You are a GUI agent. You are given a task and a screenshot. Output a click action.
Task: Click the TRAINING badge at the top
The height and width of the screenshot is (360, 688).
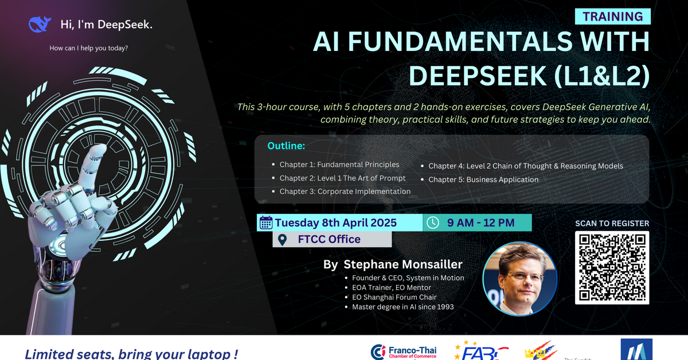[x=612, y=17]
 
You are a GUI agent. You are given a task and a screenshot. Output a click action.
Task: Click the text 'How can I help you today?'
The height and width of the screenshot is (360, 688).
[x=89, y=48]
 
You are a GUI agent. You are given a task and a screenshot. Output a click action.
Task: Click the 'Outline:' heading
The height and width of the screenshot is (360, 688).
[x=286, y=146]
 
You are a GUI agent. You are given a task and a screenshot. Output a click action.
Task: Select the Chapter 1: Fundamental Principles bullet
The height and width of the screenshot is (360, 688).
[x=339, y=165]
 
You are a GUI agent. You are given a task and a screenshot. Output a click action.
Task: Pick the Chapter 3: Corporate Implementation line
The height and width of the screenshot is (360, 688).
[x=345, y=191]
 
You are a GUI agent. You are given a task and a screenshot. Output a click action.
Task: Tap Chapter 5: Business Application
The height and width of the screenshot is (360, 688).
[x=483, y=179]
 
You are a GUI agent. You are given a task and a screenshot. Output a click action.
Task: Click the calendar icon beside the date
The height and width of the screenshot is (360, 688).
[x=266, y=222]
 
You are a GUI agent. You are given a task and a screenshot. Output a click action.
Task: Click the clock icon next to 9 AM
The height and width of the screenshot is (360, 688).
[x=433, y=222]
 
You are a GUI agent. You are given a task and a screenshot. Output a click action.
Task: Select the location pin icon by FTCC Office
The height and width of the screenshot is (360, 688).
[x=282, y=240]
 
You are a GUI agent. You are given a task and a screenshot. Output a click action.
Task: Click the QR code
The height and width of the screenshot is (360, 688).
[x=612, y=267]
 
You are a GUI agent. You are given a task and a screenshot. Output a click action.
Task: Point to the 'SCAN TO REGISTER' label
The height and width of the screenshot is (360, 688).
[x=612, y=224]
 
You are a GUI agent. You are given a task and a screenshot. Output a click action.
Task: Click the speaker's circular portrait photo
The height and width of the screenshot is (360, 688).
[x=520, y=279]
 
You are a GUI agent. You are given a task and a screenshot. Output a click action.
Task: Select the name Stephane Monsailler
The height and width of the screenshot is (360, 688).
[x=402, y=265]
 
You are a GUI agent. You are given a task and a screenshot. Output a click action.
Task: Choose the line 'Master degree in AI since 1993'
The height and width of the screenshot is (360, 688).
[x=403, y=307]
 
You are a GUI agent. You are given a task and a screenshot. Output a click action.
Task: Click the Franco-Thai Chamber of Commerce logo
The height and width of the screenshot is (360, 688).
[x=404, y=351]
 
